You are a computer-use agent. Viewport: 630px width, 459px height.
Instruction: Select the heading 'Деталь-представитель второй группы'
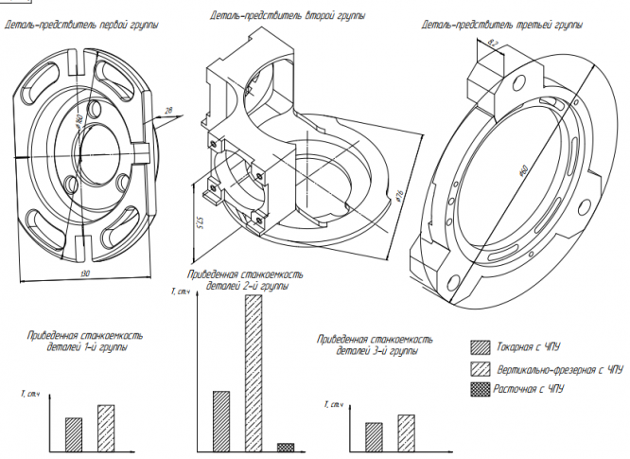pos(288,16)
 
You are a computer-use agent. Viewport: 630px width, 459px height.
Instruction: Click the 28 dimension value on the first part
pos(168,111)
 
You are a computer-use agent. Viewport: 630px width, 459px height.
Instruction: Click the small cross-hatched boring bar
pos(286,447)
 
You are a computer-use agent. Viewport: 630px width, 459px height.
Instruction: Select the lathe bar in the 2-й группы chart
pos(221,420)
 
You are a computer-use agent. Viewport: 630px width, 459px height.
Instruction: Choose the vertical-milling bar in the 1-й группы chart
pos(105,428)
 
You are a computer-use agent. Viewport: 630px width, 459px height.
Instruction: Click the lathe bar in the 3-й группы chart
pos(374,435)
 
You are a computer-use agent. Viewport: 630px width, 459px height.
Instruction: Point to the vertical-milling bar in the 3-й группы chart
pos(406,432)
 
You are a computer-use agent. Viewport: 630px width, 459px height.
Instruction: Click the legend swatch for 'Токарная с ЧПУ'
pos(481,346)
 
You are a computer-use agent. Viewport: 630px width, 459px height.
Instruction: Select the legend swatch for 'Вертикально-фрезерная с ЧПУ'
pos(481,368)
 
